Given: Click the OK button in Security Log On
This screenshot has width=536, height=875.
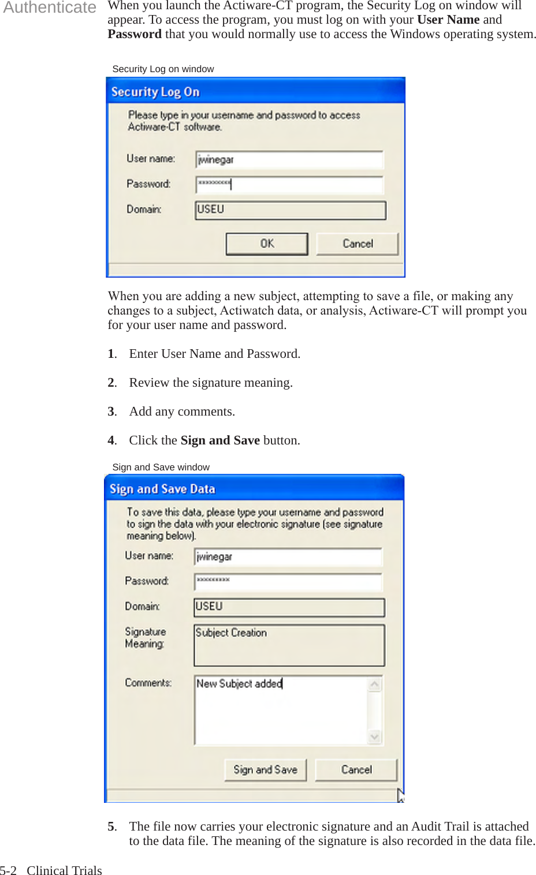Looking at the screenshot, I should pyautogui.click(x=266, y=244).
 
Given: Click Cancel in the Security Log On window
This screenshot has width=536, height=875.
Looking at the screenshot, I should pyautogui.click(x=357, y=244).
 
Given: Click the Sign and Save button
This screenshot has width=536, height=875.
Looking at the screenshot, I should pyautogui.click(x=265, y=769).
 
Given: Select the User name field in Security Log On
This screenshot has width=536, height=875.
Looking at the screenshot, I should pyautogui.click(x=289, y=160).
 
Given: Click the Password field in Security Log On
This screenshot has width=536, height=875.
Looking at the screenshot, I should pyautogui.click(x=289, y=185).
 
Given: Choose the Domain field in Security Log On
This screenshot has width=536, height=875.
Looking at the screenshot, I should pyautogui.click(x=290, y=210).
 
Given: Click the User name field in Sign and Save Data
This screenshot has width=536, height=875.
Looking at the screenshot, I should pyautogui.click(x=288, y=557).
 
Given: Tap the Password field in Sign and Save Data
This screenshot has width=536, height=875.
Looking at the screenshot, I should pyautogui.click(x=288, y=582).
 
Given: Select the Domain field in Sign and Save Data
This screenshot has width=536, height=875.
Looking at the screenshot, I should pyautogui.click(x=289, y=607).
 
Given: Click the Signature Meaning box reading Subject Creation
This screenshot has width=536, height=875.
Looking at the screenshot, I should pyautogui.click(x=289, y=645).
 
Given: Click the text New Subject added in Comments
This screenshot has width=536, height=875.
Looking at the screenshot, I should pyautogui.click(x=239, y=683).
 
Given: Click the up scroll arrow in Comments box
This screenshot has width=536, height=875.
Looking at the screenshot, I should pyautogui.click(x=375, y=685).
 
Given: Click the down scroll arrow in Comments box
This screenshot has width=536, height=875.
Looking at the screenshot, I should pyautogui.click(x=375, y=737).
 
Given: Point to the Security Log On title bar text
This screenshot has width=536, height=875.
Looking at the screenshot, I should pyautogui.click(x=155, y=92).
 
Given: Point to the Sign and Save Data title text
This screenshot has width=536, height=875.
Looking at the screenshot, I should pyautogui.click(x=162, y=489).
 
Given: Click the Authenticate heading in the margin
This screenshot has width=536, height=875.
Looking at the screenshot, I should pyautogui.click(x=50, y=8).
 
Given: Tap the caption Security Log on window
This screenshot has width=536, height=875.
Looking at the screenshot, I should pyautogui.click(x=163, y=69).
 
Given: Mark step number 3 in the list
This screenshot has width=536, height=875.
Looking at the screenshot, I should pyautogui.click(x=111, y=412).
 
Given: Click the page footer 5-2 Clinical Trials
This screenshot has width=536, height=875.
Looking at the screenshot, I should pyautogui.click(x=51, y=870).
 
